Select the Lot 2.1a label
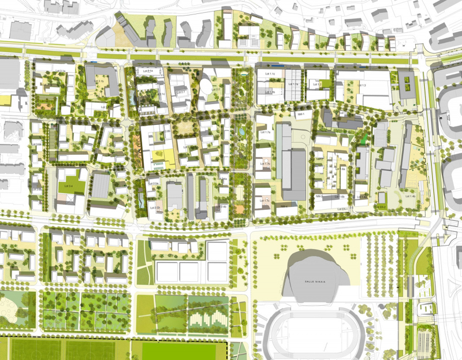pyautogui.click(x=147, y=70)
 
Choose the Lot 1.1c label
pyautogui.click(x=270, y=75)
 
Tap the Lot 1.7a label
pyautogui.click(x=266, y=133)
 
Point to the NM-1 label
pyautogui.click(x=300, y=114)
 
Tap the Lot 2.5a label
pyautogui.click(x=153, y=183)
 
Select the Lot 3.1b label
pyautogui.click(x=99, y=81)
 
